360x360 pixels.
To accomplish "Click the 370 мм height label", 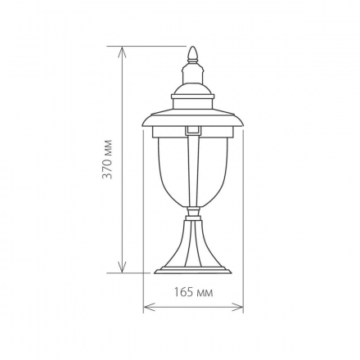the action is pos(107,160).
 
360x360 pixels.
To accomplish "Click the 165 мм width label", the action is pos(193,293).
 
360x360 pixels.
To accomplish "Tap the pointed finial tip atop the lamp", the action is pos(193,47).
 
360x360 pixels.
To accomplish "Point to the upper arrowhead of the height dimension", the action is pos(122,52).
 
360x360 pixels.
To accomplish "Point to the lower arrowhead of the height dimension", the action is pos(122,267).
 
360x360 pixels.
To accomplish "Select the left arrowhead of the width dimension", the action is pos(149,307).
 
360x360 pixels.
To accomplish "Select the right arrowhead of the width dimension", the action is pos(237,307).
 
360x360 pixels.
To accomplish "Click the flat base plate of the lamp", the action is pos(193,271).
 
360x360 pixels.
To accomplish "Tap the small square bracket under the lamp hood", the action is pos(193,131).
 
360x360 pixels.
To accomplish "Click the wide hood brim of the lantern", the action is pos(193,119).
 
